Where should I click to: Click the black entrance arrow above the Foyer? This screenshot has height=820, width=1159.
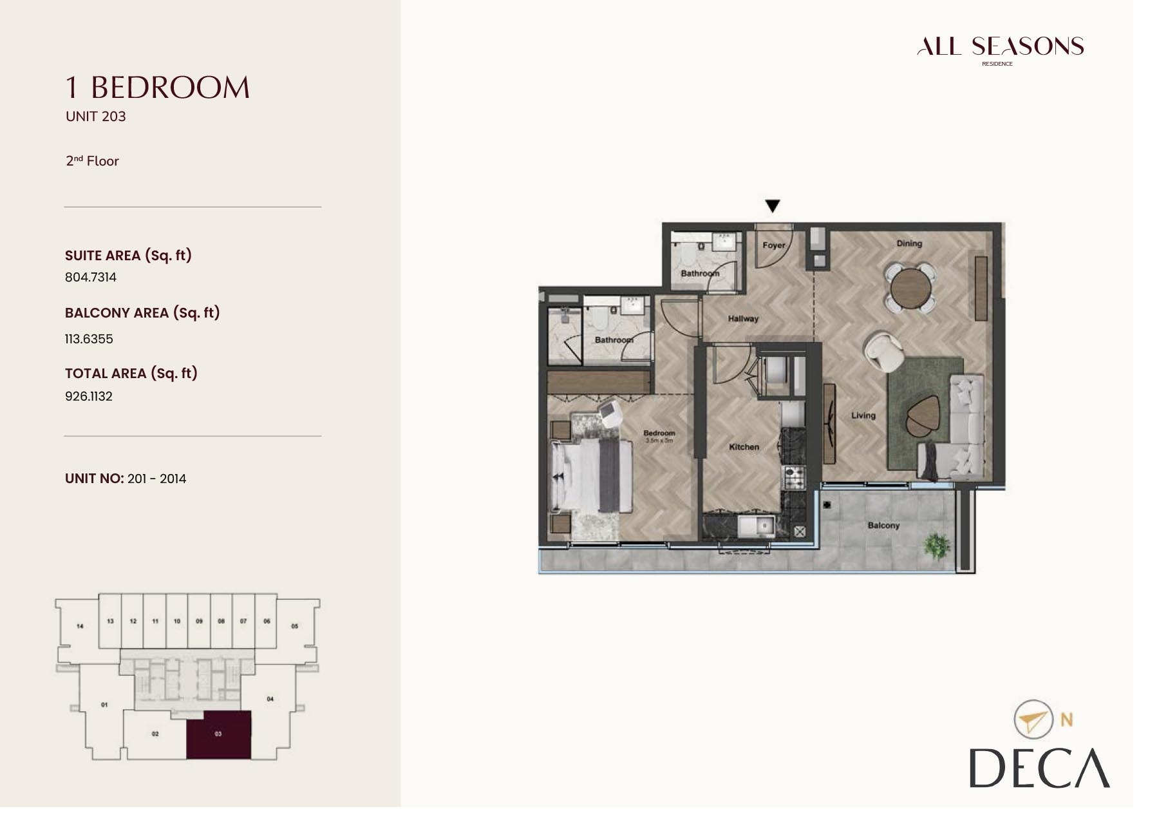click(x=772, y=206)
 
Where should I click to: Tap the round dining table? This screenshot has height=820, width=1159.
click(x=909, y=288)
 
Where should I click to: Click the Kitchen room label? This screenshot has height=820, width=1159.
click(x=744, y=447)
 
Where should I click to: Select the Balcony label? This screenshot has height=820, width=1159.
click(x=883, y=526)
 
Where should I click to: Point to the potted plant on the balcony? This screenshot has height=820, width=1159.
click(x=936, y=546)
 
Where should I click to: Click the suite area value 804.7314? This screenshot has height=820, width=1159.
click(x=91, y=278)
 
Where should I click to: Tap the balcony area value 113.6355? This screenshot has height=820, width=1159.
click(x=89, y=339)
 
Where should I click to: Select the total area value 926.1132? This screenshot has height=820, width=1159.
click(x=89, y=397)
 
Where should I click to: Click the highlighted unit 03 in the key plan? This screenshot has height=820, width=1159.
click(x=218, y=734)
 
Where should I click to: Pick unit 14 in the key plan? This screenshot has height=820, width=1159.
click(x=80, y=626)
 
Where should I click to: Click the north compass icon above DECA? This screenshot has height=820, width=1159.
click(x=1032, y=720)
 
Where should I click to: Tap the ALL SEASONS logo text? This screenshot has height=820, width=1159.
click(x=1000, y=46)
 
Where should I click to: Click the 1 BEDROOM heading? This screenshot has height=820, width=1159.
click(x=158, y=88)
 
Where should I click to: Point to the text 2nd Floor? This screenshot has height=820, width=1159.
click(x=93, y=161)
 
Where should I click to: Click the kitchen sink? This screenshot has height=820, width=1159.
click(x=757, y=526)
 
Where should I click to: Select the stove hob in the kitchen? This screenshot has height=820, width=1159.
click(x=793, y=477)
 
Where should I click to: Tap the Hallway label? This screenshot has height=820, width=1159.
click(x=743, y=319)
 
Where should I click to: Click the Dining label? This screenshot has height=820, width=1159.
click(x=909, y=243)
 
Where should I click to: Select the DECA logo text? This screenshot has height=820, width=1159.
click(x=1039, y=768)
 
